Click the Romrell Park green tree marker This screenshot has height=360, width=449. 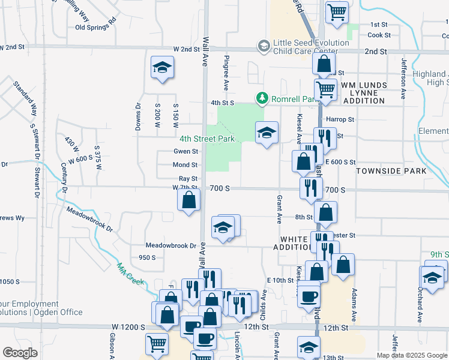262,97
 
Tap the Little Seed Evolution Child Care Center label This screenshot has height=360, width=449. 311,47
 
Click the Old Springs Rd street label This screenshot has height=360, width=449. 95,27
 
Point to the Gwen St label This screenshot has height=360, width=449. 185,151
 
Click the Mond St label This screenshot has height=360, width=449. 185,165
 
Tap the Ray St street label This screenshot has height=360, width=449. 188,179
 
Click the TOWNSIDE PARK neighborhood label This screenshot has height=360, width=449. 391,171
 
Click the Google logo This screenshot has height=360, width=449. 20,353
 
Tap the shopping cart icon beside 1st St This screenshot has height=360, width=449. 337,12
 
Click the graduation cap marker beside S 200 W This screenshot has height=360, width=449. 161,68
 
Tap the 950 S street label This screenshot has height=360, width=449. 147,257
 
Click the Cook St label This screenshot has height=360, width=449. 379,35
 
